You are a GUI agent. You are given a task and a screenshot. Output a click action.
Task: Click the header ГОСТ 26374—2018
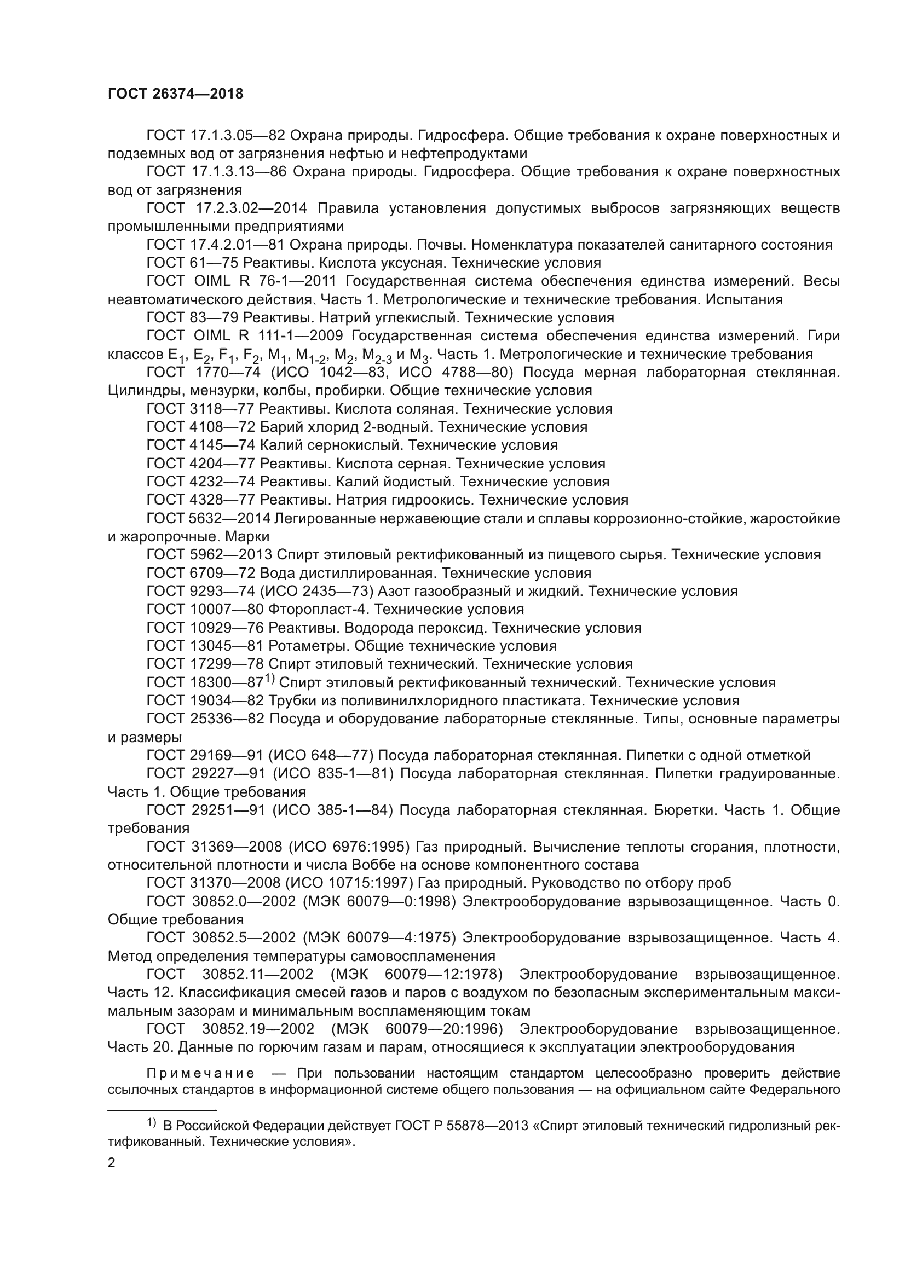175,94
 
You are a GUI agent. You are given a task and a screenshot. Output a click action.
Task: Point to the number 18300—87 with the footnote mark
232,682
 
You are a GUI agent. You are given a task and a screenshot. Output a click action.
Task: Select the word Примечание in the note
201,1073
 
